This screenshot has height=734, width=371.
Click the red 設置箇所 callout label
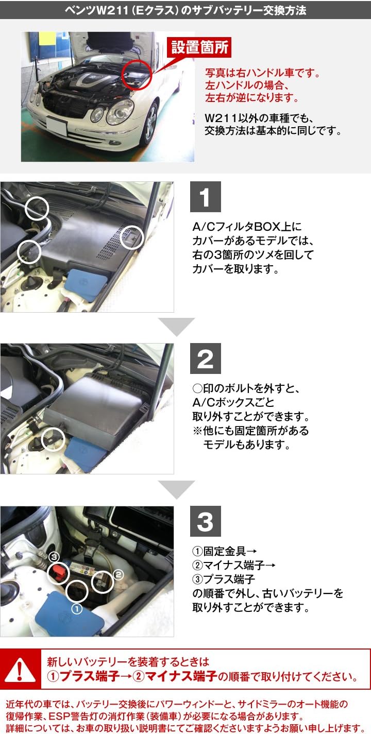click(x=201, y=48)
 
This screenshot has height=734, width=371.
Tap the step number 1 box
click(x=205, y=197)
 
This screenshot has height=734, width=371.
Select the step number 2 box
click(x=205, y=359)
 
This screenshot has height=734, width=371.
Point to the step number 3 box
click(x=205, y=521)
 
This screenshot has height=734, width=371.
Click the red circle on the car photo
click(x=137, y=74)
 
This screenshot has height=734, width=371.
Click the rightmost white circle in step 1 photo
click(x=132, y=237)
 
